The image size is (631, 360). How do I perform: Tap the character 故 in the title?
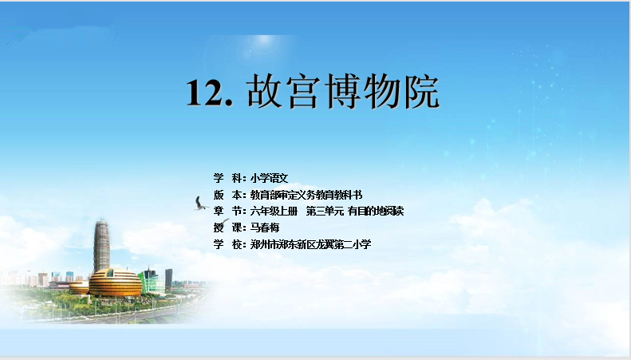(x=265, y=91)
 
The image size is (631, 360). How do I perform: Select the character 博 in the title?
(x=343, y=91)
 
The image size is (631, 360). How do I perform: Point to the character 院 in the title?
(x=421, y=91)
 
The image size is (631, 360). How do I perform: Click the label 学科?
(x=228, y=178)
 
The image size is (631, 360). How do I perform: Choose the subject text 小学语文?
(x=269, y=178)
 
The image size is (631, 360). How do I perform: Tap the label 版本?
(x=228, y=195)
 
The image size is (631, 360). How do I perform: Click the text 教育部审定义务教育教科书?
(x=306, y=195)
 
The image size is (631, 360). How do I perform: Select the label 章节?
(x=228, y=211)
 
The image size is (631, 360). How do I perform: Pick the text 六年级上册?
(x=274, y=211)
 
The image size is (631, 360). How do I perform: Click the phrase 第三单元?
(x=325, y=211)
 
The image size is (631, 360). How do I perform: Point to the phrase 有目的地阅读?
(x=376, y=211)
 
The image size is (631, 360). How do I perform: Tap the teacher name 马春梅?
(x=264, y=227)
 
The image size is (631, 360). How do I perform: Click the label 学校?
(x=228, y=244)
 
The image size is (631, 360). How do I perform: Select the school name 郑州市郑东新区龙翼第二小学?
(x=310, y=244)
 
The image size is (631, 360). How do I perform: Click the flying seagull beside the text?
(x=200, y=204)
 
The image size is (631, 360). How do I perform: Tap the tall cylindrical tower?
(x=102, y=246)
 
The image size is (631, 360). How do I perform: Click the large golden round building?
(x=116, y=283)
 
